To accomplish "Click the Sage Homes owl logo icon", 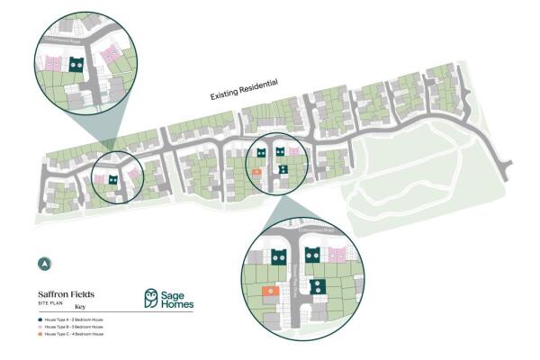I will [152, 299].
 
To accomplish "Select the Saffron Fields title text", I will [66, 294].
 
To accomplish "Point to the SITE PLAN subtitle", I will [50, 303].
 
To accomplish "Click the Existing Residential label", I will [243, 89].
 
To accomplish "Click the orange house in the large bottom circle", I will [268, 292].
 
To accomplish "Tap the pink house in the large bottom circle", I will [337, 256].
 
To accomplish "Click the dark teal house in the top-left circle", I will [77, 64].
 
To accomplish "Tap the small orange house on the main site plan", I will [256, 171].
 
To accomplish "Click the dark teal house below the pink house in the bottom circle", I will [317, 287].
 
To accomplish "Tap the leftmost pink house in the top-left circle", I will [54, 65].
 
